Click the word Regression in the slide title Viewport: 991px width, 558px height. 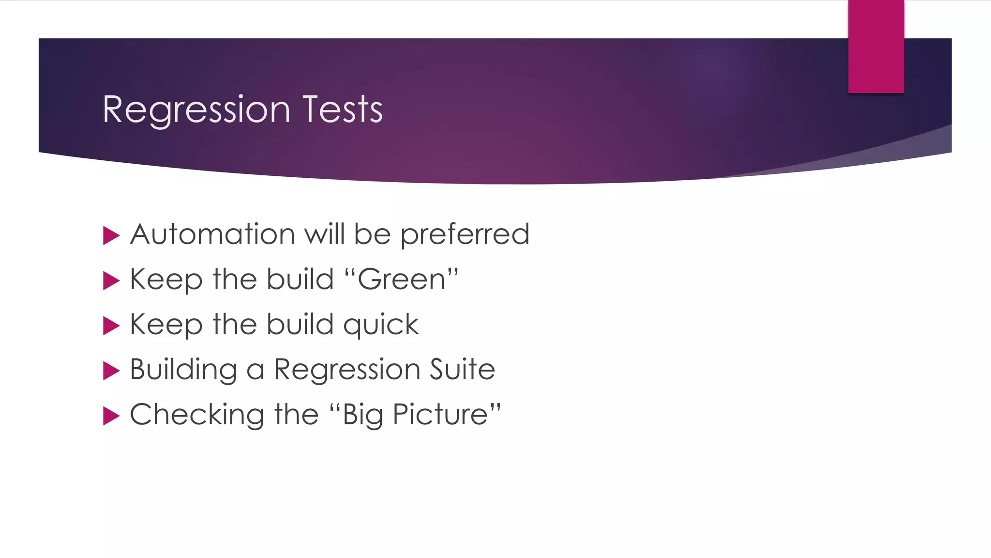(x=196, y=110)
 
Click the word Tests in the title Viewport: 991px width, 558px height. (x=343, y=109)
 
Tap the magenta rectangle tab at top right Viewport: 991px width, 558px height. (x=876, y=46)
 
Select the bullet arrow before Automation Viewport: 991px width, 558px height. (x=111, y=236)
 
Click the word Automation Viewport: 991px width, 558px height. (x=212, y=234)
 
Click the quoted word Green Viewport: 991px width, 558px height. (x=402, y=280)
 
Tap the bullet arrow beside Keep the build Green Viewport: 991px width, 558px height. (x=111, y=281)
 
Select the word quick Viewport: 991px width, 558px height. (x=381, y=325)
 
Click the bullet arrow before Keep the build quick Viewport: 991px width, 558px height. (x=111, y=326)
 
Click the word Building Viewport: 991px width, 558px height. (x=183, y=370)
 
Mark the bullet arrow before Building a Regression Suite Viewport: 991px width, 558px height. (x=111, y=371)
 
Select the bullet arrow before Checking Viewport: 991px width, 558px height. (x=111, y=416)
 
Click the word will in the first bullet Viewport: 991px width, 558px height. (x=324, y=234)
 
